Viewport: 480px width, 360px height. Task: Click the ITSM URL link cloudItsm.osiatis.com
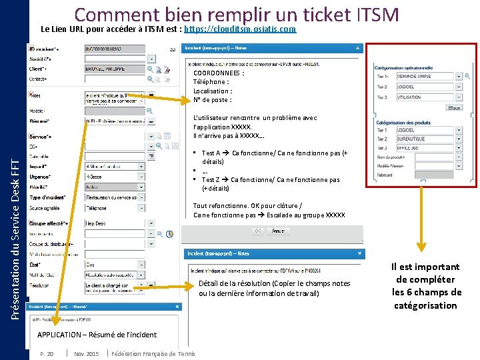click(x=240, y=30)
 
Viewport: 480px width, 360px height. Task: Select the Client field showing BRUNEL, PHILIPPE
click(x=115, y=69)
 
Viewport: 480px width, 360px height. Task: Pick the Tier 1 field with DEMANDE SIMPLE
click(x=423, y=77)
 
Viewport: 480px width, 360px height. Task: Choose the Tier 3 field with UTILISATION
click(x=423, y=97)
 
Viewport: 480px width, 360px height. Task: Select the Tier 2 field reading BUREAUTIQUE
click(x=423, y=139)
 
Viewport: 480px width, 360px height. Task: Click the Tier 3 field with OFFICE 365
click(x=423, y=150)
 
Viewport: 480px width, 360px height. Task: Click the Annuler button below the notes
click(x=278, y=231)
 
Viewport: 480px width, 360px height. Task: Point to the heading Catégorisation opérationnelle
click(x=403, y=67)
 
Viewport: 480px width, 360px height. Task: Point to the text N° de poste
click(x=213, y=100)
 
